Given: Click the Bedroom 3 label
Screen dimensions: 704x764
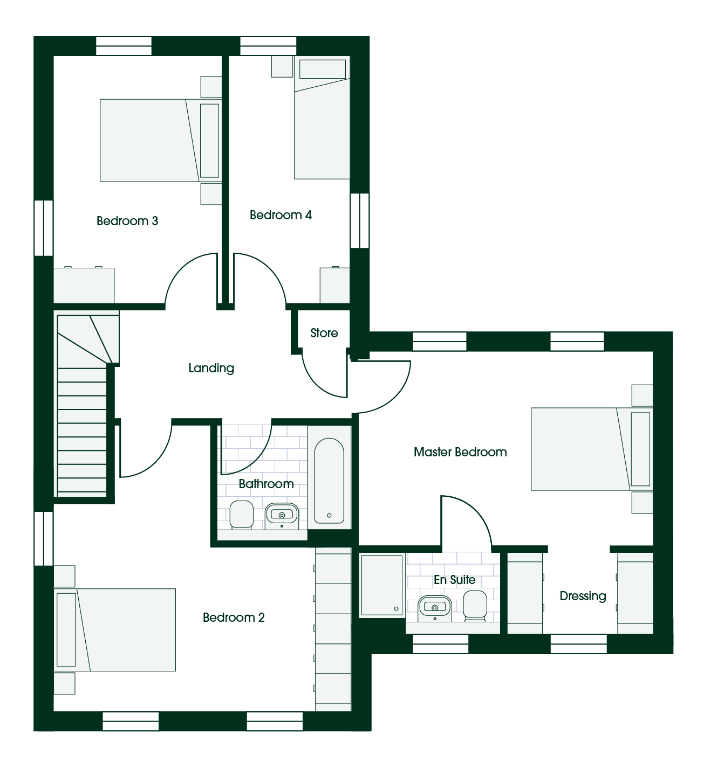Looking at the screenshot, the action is [127, 221].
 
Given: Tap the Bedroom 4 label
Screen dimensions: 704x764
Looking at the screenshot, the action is [281, 215].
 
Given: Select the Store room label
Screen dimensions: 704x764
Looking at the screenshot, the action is [324, 333].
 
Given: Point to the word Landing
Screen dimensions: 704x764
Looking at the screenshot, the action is [211, 368].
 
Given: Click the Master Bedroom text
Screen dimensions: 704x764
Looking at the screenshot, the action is [460, 452].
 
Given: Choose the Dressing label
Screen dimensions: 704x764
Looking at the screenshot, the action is [583, 596].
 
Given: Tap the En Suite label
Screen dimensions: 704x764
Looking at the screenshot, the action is [455, 580].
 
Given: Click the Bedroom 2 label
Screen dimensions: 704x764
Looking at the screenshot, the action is [234, 617].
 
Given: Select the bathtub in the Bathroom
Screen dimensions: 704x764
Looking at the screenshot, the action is [329, 481].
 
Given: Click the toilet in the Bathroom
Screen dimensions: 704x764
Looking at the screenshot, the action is [241, 515].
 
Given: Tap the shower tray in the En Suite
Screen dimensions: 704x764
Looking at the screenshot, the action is [382, 585].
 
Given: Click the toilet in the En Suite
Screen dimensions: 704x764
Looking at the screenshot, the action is [475, 606].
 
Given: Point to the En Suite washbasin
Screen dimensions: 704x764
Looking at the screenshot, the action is [435, 608].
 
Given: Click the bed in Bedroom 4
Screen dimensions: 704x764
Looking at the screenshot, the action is [322, 117].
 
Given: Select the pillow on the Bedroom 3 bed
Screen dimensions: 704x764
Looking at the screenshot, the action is [209, 141].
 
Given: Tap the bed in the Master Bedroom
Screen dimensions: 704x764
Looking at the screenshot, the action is [592, 449].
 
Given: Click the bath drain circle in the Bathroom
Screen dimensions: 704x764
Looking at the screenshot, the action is [329, 515].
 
